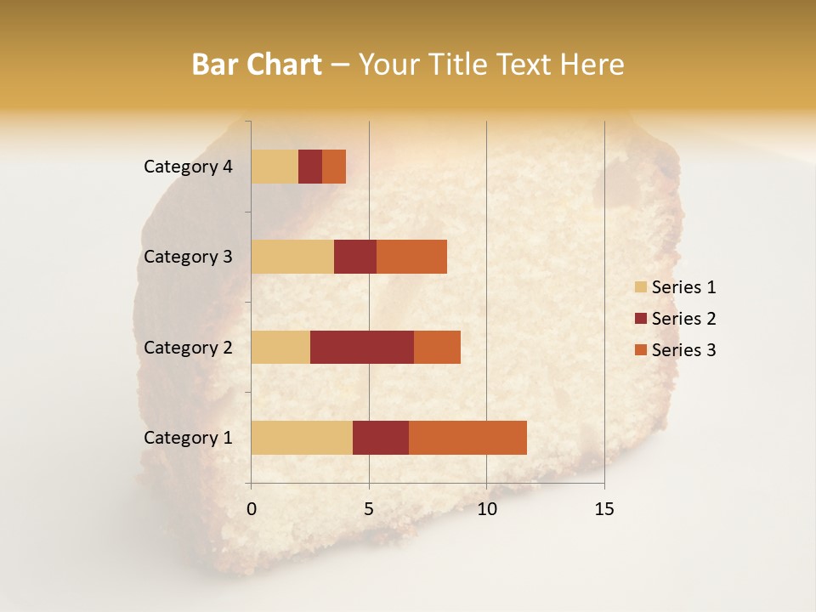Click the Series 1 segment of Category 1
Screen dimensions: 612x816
(x=302, y=438)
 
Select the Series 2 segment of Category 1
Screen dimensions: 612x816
(x=381, y=438)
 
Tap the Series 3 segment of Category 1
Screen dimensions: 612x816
(x=467, y=438)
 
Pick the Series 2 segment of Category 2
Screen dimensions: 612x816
(x=362, y=347)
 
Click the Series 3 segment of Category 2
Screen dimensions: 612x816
(x=437, y=347)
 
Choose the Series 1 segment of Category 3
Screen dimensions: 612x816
(x=292, y=257)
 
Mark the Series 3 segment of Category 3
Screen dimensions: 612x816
(x=411, y=257)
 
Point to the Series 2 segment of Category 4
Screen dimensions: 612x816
(x=310, y=167)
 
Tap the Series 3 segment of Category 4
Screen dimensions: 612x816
(x=334, y=167)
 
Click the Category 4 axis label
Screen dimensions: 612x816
(x=188, y=167)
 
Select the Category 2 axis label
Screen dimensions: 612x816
(x=188, y=347)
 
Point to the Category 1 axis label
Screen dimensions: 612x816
(x=188, y=438)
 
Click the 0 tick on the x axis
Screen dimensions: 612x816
(x=252, y=509)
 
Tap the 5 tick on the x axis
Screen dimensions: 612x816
(x=369, y=509)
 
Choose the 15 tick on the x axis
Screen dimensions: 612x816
(x=604, y=509)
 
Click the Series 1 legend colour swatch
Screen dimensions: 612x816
(x=640, y=287)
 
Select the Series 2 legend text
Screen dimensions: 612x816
(x=683, y=319)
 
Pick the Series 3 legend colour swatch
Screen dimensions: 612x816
(x=640, y=350)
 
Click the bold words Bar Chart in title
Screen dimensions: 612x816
(x=257, y=65)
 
